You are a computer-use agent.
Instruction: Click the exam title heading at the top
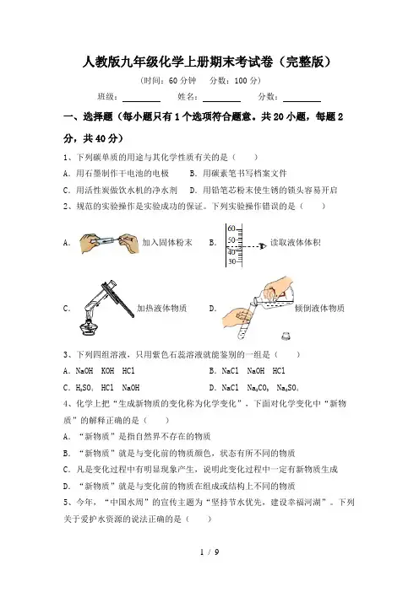(x=207, y=62)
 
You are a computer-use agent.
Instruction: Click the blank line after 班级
(x=141, y=101)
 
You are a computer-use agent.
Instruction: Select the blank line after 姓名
(x=221, y=101)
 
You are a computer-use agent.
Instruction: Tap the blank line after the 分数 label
(x=302, y=101)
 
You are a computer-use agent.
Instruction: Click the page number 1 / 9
(x=209, y=552)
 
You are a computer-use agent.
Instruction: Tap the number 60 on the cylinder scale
(x=231, y=229)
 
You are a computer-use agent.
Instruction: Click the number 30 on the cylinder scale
(x=231, y=261)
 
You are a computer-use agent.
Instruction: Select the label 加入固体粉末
(x=167, y=242)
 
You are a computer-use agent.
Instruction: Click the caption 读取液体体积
(x=296, y=242)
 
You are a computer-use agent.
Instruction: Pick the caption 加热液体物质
(x=162, y=308)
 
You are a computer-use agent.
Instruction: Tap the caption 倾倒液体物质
(x=319, y=308)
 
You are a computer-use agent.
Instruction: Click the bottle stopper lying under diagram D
(x=287, y=336)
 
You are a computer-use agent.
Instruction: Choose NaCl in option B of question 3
(x=230, y=371)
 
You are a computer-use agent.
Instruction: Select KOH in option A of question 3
(x=107, y=371)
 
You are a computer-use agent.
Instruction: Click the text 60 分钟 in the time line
(x=182, y=80)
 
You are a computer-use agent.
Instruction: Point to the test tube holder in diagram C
(x=118, y=299)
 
